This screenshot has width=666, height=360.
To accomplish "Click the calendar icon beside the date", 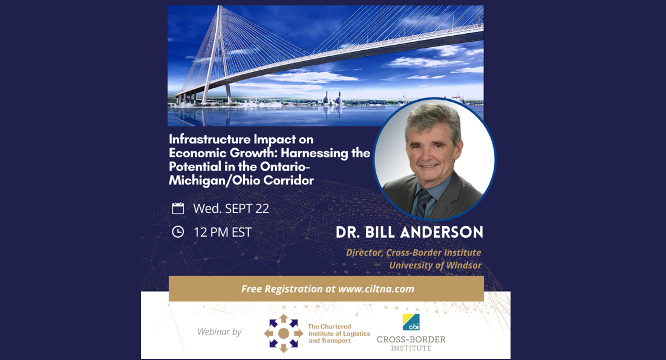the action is (x=178, y=208).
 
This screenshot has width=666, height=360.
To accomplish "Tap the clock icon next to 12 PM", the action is (x=178, y=232).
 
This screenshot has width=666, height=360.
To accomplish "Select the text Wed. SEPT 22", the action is (x=231, y=208).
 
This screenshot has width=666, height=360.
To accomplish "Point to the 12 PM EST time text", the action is (x=223, y=232).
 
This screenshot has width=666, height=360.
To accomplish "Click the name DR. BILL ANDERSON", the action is (x=410, y=232).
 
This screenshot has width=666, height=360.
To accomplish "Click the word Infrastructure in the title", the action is (x=209, y=139).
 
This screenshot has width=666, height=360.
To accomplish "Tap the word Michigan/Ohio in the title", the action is (x=215, y=180).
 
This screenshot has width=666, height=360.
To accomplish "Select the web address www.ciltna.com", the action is (x=376, y=289).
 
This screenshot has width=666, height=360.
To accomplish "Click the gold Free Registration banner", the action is (x=326, y=289).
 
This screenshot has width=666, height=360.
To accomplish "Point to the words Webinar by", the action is (x=220, y=332).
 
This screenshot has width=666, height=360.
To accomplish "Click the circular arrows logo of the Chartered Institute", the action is (x=283, y=333).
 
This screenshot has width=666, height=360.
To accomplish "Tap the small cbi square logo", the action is (x=411, y=322).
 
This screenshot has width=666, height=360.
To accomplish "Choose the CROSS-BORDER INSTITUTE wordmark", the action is (x=411, y=344).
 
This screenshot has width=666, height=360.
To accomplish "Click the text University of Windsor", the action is (x=436, y=265).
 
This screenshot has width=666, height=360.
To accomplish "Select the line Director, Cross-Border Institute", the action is (x=414, y=252).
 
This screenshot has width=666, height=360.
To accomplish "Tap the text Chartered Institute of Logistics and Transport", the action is (x=339, y=333).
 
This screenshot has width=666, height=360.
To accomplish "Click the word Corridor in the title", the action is (x=289, y=180).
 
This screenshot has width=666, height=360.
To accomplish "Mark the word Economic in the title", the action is (x=198, y=153).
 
